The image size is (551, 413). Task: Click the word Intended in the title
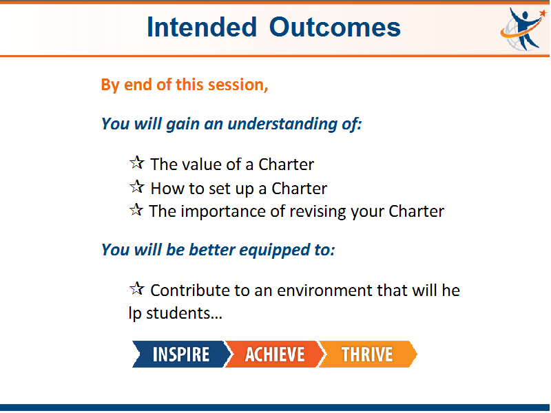[202, 27]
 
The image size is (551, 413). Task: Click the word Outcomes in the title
[335, 27]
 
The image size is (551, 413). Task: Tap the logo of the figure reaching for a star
[523, 29]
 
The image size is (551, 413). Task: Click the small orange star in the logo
[543, 12]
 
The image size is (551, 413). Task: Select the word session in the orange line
[238, 85]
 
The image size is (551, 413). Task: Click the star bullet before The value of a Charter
[136, 162]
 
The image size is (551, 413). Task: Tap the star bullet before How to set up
[136, 187]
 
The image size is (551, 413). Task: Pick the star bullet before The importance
[136, 210]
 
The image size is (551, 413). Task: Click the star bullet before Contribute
[136, 288]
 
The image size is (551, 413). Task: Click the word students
[184, 313]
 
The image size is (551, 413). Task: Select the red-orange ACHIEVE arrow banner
[274, 354]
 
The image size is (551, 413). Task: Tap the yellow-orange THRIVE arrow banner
[368, 354]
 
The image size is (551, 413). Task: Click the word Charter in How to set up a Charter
[299, 189]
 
